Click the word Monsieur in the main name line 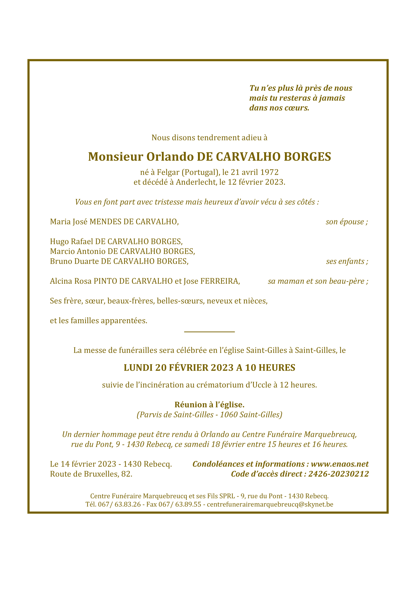pos(115,157)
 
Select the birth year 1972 pos(269,173)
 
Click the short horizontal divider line pos(209,332)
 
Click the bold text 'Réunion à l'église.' pos(209,405)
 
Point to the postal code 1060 pos(229,415)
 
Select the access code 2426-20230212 pos(338,474)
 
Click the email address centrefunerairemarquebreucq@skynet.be pos(270,505)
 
